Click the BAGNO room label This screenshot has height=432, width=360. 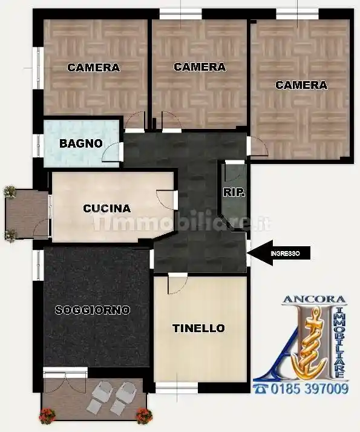(80, 144)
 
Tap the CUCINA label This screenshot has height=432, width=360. (106, 209)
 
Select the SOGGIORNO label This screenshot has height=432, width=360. (93, 310)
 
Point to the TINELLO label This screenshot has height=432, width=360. (198, 329)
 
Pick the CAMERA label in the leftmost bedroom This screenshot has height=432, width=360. (93, 68)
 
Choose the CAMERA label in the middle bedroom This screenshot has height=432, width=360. (200, 67)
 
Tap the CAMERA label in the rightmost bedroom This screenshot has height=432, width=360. (301, 85)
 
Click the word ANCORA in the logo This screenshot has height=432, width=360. (315, 299)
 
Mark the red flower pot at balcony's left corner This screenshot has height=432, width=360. (47, 416)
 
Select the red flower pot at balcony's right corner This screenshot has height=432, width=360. (143, 416)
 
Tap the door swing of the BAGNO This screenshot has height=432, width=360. (112, 152)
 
